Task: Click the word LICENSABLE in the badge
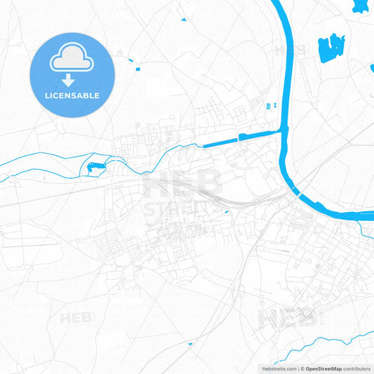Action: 72,95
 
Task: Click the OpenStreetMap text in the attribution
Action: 323,368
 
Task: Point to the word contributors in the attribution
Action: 358,368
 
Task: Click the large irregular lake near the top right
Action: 330,48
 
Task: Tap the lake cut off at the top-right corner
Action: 361,6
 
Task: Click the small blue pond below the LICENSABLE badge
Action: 94,167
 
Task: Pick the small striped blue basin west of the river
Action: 267,106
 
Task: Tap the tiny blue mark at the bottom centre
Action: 191,344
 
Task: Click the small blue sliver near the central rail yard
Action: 226,211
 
